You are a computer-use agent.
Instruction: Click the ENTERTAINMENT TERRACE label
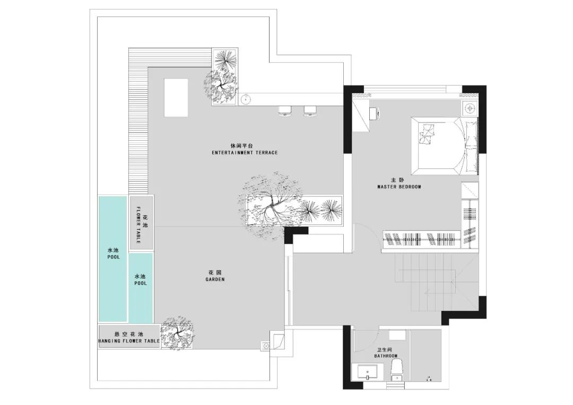[x=245, y=152]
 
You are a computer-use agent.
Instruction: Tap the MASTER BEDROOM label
[x=399, y=187]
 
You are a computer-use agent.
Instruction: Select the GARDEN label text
[x=215, y=279]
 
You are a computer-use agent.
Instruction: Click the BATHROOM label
[x=386, y=356]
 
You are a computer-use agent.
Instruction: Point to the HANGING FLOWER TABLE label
[x=129, y=341]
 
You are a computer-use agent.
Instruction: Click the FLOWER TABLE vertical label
[x=138, y=225]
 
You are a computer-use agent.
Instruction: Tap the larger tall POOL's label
[x=114, y=257]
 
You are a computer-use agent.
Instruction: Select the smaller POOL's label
[x=140, y=283]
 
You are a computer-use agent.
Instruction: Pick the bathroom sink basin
[x=367, y=373]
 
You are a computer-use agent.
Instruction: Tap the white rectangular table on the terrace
[x=176, y=98]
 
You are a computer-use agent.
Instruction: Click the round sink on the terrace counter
[x=247, y=99]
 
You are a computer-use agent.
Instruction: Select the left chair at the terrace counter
[x=285, y=111]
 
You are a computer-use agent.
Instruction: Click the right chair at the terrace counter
[x=310, y=111]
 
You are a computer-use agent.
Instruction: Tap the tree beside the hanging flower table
[x=178, y=333]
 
